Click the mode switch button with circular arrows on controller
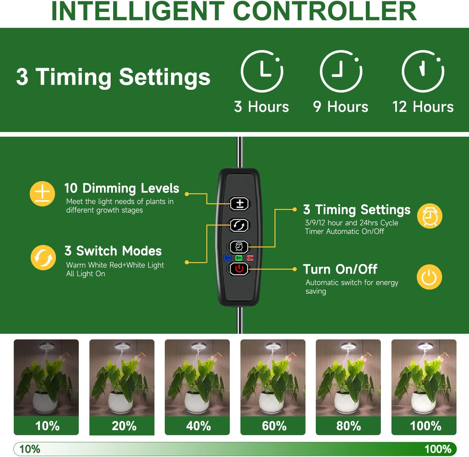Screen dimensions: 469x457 coord(239,225)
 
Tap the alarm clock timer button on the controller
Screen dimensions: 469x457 coord(239,247)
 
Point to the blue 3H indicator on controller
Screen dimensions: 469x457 coord(227,258)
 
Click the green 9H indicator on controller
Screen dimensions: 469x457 coord(239,258)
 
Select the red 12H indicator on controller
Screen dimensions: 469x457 coord(250,258)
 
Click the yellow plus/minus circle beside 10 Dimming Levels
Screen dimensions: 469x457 coord(42,194)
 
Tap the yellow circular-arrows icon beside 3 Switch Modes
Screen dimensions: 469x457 coord(43,257)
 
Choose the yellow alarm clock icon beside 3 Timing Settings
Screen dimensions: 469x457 coord(430,216)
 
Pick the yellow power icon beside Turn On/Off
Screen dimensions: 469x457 coord(429,277)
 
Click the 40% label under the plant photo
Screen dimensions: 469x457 coord(199,426)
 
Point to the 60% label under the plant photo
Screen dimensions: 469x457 coord(274,426)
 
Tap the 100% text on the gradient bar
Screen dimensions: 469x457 coord(438,449)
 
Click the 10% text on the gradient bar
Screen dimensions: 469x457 coord(30,449)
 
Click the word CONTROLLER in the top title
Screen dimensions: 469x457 coord(325,11)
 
